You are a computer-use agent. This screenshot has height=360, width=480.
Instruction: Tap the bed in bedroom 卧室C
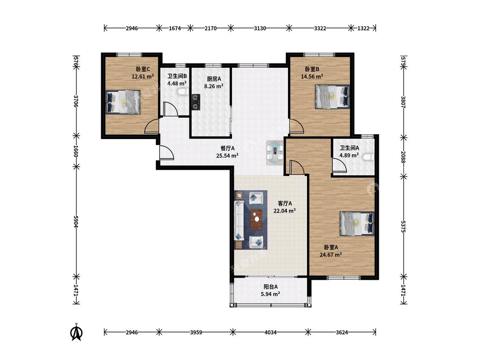(123, 102)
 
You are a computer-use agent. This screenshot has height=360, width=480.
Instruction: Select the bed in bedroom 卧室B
(332, 96)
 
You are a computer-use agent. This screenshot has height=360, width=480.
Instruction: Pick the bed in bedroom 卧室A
(357, 224)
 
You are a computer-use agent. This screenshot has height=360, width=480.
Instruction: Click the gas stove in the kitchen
(195, 102)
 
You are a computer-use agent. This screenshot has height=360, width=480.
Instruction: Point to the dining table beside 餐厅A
(275, 153)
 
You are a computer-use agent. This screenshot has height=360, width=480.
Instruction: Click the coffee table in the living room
(256, 219)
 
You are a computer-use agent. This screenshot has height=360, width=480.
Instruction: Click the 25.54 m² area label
(227, 156)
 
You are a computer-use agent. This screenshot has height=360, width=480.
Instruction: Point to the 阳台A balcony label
(271, 287)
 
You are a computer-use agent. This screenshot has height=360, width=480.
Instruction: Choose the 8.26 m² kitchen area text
(213, 86)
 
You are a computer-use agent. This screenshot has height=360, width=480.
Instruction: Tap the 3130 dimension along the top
(260, 28)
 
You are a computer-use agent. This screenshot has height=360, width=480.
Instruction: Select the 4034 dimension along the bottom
(271, 332)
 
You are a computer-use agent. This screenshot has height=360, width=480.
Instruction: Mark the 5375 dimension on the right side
(404, 226)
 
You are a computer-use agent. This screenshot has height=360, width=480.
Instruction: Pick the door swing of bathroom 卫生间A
(339, 165)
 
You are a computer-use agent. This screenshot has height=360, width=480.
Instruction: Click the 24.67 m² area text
(331, 254)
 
